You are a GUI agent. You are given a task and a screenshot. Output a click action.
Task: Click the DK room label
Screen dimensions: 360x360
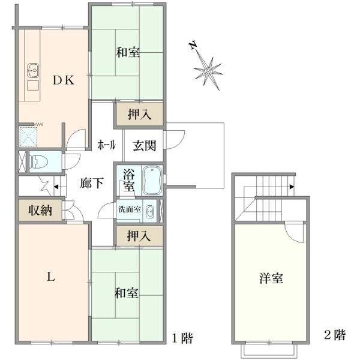tap(64, 80)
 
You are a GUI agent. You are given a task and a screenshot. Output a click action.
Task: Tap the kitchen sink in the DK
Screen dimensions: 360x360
tap(33, 70)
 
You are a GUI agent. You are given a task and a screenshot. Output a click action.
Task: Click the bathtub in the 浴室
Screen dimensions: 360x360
tap(152, 181)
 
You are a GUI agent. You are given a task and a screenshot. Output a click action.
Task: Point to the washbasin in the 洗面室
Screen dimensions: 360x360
tap(150, 211)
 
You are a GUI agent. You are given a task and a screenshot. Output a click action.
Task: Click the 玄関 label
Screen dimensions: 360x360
tap(145, 146)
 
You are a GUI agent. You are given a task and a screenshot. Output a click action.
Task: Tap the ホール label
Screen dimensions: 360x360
tap(107, 145)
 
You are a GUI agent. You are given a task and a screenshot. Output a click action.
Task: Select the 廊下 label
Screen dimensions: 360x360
tap(92, 183)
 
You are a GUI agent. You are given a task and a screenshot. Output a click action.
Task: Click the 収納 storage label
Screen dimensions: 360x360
tap(40, 210)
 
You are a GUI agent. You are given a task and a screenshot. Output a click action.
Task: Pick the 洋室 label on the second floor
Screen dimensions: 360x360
tap(271, 278)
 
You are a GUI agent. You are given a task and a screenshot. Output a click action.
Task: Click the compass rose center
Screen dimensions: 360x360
tap(208, 71)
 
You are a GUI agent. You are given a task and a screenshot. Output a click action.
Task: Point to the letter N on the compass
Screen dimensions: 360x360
tap(193, 45)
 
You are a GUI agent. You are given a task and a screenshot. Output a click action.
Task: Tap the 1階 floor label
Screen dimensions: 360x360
tap(182, 338)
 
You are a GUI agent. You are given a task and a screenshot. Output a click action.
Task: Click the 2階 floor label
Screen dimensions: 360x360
tap(335, 335)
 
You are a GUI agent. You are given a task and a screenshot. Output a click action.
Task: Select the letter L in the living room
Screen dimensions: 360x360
tap(51, 277)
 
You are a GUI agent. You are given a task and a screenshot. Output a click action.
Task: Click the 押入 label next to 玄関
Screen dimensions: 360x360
tap(140, 114)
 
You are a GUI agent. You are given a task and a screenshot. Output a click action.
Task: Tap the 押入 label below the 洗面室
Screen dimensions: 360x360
tap(139, 236)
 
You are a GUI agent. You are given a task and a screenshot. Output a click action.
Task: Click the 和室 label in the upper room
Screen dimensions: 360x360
tap(128, 52)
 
